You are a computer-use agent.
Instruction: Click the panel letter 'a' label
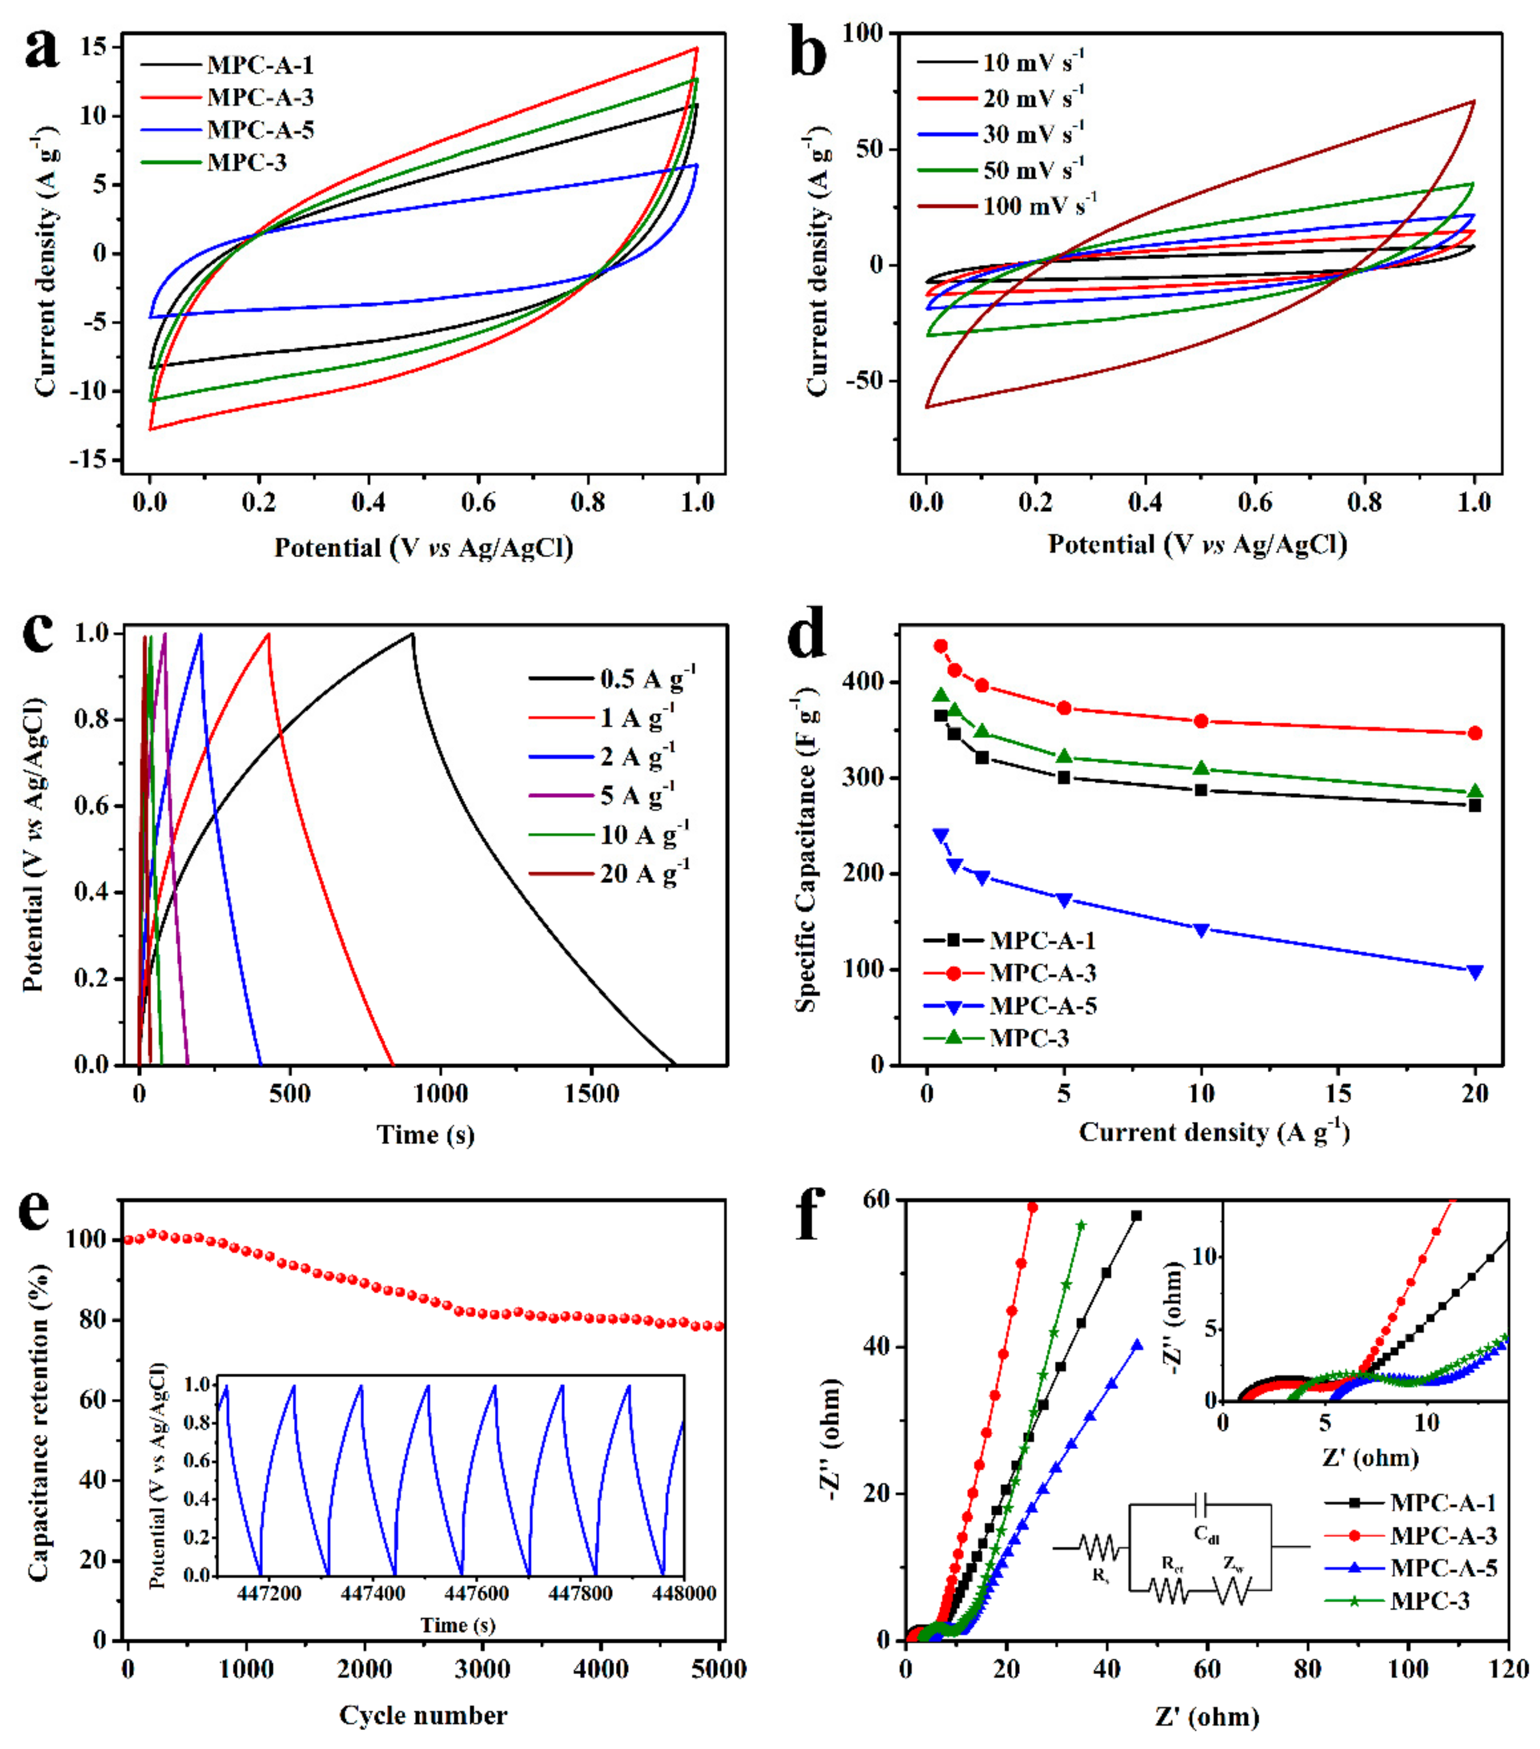[41, 50]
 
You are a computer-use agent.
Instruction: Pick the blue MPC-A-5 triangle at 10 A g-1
[1201, 930]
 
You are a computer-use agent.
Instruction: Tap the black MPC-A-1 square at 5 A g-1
[1064, 777]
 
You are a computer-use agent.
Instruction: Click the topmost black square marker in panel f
[1136, 1215]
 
